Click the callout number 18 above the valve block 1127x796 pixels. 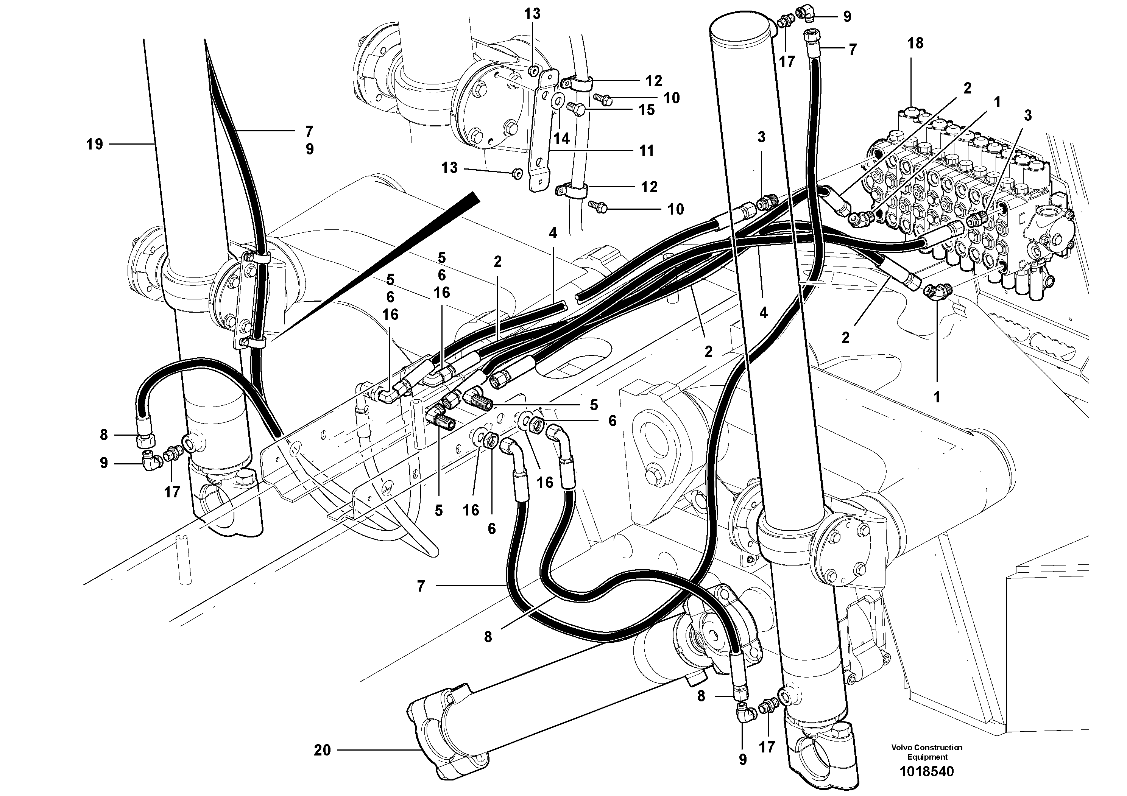point(915,43)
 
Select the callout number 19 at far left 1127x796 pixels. point(94,144)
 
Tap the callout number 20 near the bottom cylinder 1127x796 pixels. point(323,750)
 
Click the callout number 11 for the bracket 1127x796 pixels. point(647,151)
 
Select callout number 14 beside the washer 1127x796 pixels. point(561,139)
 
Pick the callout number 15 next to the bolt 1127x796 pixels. point(647,110)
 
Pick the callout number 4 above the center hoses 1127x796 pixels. point(553,233)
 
